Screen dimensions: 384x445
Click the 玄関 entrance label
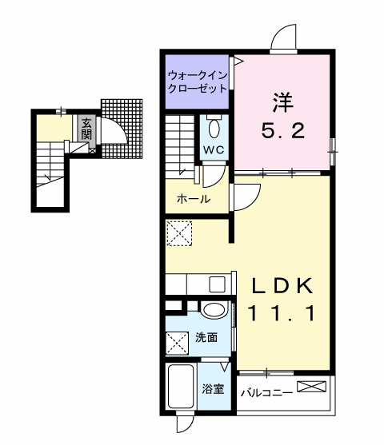[x=86, y=129]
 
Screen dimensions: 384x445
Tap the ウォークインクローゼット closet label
[x=198, y=82]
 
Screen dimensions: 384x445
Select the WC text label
[x=214, y=150]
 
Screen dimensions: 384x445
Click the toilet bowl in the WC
[x=214, y=129]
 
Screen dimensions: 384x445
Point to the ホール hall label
[x=194, y=199]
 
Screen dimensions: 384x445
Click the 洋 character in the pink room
[x=282, y=103]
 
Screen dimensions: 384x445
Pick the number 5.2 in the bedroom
[x=283, y=131]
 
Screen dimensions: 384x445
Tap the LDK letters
[x=283, y=285]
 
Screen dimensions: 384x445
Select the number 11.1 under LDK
[x=282, y=313]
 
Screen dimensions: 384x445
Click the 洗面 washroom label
[x=206, y=337]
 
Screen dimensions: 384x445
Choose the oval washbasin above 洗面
[x=214, y=309]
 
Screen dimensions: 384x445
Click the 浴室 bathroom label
[x=213, y=389]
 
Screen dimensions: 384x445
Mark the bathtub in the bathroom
[x=181, y=387]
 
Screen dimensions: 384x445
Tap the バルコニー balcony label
[x=266, y=393]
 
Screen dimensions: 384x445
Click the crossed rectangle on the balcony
[x=311, y=387]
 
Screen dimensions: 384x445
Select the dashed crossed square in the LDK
[x=179, y=233]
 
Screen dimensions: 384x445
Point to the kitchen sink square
[x=217, y=284]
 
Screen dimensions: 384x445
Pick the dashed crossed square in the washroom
[x=177, y=343]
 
